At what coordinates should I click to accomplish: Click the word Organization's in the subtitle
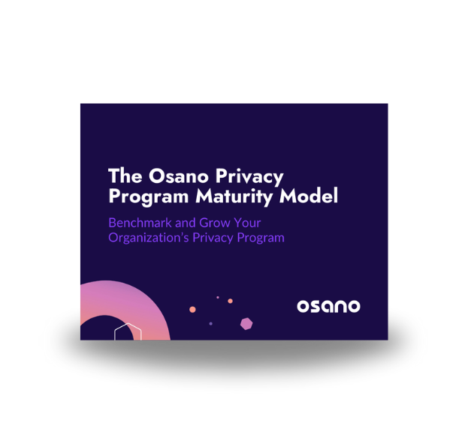149,238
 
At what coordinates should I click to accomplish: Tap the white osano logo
328,306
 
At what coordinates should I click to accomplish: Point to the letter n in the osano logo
340,306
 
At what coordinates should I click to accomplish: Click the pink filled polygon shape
246,323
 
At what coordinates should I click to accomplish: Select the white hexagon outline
128,332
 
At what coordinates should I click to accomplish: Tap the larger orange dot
193,309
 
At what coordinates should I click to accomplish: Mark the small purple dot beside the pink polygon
210,323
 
